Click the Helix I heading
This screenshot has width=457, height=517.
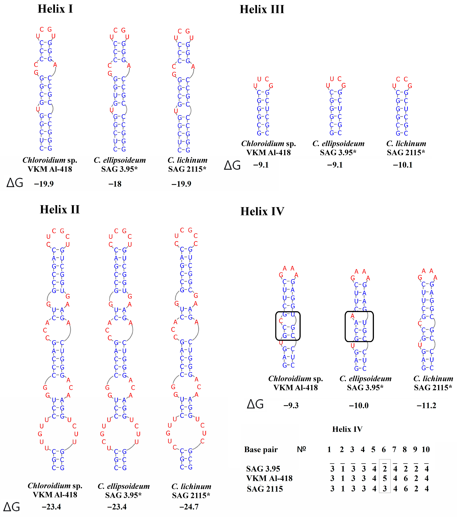(x=55, y=9)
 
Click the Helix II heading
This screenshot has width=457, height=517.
(x=60, y=210)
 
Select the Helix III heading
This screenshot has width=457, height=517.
(x=262, y=10)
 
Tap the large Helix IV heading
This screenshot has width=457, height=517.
(x=262, y=211)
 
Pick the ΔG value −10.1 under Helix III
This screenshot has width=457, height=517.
(x=403, y=165)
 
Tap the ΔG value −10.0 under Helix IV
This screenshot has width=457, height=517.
(x=359, y=405)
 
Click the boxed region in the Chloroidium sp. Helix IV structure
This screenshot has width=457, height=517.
(x=288, y=326)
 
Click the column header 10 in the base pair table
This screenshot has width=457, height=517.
(x=426, y=449)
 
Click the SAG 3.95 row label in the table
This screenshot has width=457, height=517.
(x=263, y=469)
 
